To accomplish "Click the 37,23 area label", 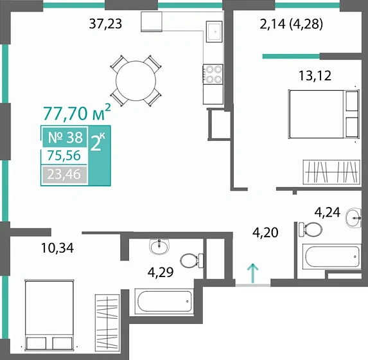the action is point(105,24).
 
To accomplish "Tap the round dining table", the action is point(136,81).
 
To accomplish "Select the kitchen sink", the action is point(214,32).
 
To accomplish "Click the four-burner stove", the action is point(213,75).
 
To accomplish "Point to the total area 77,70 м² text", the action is point(76,113).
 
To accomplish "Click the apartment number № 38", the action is point(66,137).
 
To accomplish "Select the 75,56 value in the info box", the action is point(64,156).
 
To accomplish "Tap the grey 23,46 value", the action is point(64,174).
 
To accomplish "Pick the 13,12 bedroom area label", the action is point(315,76).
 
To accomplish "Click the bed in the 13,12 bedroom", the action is point(324,114).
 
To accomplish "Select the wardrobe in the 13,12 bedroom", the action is point(331,172).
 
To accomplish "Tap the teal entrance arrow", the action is point(253,273).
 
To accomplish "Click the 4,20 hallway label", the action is point(265,233).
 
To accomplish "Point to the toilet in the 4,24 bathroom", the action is point(310,229).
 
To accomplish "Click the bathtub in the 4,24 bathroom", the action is point(332,256).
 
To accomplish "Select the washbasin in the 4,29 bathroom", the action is point(159,246).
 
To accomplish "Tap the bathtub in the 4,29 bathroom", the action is point(164,301).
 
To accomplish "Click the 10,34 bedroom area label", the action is point(57,248).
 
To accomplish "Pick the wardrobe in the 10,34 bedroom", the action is point(107,321).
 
